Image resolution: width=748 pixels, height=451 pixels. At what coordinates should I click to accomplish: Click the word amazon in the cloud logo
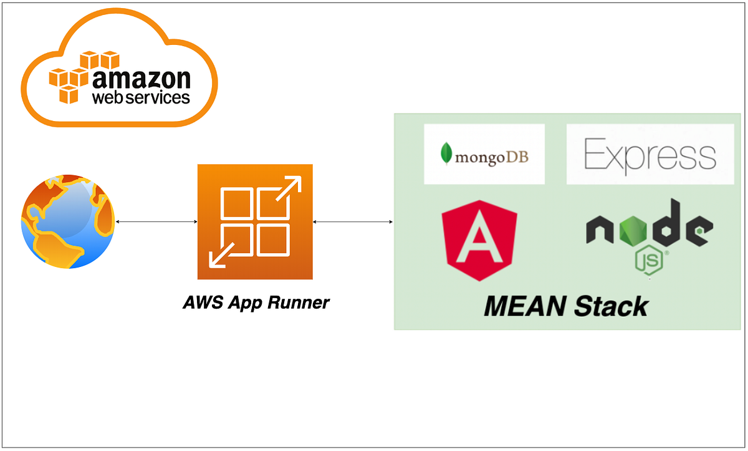coord(141,79)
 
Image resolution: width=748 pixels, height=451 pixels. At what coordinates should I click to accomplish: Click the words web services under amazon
coord(141,98)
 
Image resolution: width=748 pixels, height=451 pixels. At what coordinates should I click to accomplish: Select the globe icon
coord(68,221)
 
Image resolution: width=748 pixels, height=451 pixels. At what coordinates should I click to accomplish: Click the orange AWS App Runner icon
coord(254,221)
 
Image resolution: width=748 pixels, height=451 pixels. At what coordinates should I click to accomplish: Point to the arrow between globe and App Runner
coord(156,221)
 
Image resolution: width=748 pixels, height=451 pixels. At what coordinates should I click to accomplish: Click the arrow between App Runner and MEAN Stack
coord(353,221)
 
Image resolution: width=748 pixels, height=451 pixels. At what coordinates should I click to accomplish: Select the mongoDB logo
coord(484,154)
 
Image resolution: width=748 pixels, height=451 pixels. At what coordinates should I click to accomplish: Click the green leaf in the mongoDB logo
coord(446,153)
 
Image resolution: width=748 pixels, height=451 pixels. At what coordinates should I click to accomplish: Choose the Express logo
coord(650,154)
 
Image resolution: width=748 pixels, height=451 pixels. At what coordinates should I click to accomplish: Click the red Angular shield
coord(479,241)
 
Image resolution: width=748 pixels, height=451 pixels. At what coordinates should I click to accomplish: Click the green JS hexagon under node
coord(648,259)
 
